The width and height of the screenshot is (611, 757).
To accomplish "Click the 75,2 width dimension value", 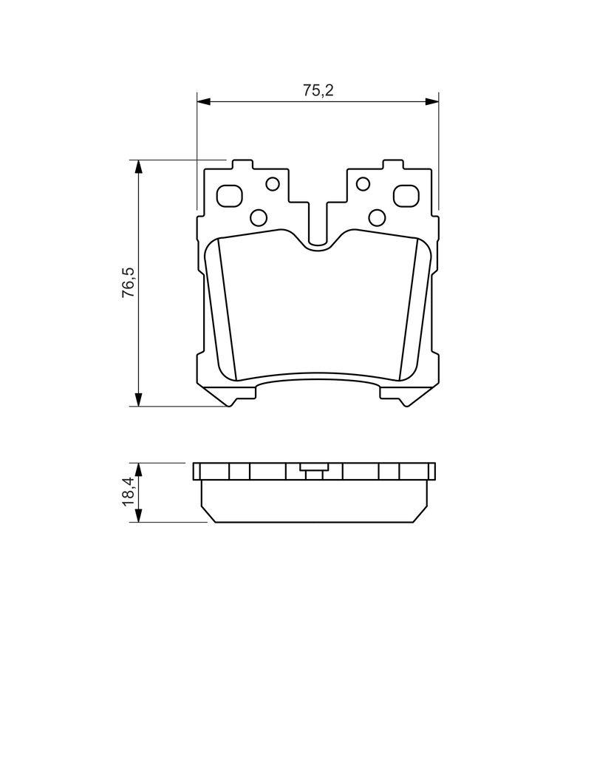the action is [318, 90].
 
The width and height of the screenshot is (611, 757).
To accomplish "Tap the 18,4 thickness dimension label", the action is [129, 492].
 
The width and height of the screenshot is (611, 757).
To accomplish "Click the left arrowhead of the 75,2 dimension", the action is [205, 101].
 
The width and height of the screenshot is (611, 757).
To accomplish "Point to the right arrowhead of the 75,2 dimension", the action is [431, 101].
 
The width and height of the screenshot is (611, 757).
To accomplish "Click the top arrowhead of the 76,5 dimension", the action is [138, 166].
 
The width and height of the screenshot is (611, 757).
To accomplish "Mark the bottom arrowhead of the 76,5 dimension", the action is [138, 398].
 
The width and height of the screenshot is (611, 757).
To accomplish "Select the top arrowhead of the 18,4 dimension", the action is [138, 470].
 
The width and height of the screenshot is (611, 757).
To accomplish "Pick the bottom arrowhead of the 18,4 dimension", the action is [138, 515].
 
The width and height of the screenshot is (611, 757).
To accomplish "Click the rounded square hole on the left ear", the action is [230, 195].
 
